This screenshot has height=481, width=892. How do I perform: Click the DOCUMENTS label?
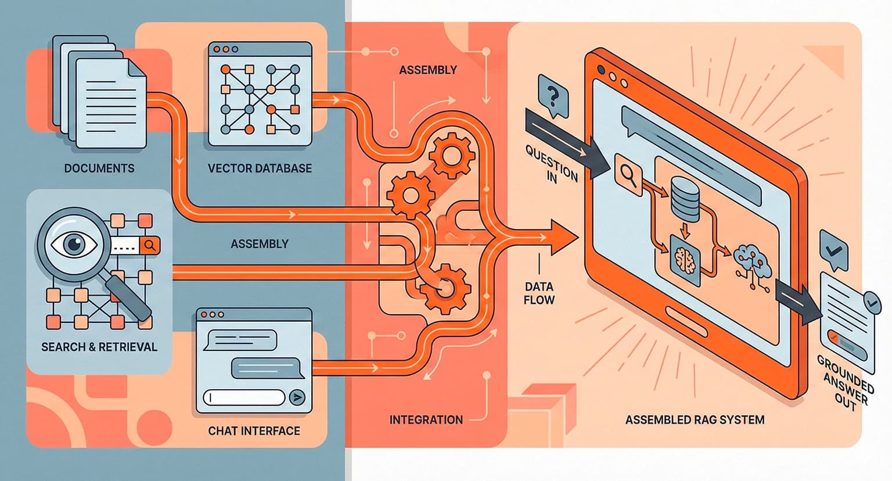pyautogui.click(x=99, y=168)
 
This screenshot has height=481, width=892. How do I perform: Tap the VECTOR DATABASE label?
pyautogui.click(x=260, y=168)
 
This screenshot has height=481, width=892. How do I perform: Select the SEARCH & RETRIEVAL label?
pyautogui.click(x=99, y=347)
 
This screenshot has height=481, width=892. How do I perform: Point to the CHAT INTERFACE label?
pyautogui.click(x=254, y=431)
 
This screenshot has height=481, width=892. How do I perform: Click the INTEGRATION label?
pyautogui.click(x=426, y=419)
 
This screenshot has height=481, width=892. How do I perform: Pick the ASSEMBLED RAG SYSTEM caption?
pyautogui.click(x=695, y=419)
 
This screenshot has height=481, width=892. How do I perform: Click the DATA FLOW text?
pyautogui.click(x=539, y=293)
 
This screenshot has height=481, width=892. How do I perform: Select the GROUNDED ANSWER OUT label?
pyautogui.click(x=845, y=383)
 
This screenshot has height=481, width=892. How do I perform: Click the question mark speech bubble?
pyautogui.click(x=553, y=96)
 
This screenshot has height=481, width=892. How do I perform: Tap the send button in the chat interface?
pyautogui.click(x=297, y=397)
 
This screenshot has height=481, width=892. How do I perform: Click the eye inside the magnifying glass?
pyautogui.click(x=74, y=243)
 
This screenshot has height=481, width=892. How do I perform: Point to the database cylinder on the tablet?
pyautogui.click(x=685, y=200)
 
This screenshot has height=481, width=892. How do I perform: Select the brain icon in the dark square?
pyautogui.click(x=685, y=260)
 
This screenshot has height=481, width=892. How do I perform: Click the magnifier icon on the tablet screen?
pyautogui.click(x=628, y=175)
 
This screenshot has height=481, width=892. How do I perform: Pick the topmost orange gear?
pyautogui.click(x=451, y=155)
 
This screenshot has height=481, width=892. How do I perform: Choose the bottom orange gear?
pyautogui.click(x=445, y=288)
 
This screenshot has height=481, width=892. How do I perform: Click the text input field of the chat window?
pyautogui.click(x=244, y=397)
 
